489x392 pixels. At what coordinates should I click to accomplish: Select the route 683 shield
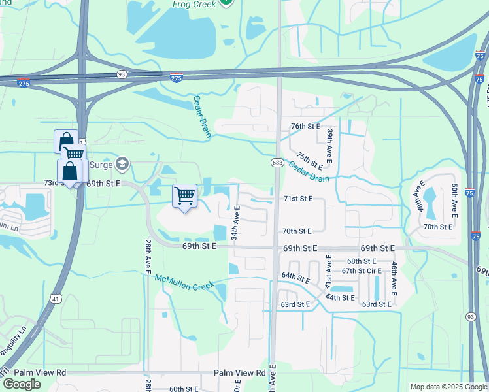tap(277, 161)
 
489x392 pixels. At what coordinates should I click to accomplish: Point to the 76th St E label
tap(305, 126)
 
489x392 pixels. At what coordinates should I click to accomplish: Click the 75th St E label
tap(309, 160)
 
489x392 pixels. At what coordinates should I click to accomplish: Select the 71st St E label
tap(297, 198)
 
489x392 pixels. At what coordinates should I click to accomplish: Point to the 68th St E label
tap(360, 261)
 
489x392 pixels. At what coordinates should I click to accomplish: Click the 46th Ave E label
tap(394, 277)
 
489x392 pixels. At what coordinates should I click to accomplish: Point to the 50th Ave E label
tap(454, 201)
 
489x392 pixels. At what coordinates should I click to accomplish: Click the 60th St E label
tap(184, 389)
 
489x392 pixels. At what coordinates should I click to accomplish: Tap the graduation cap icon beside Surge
tap(122, 163)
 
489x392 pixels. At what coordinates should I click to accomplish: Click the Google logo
tap(22, 384)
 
